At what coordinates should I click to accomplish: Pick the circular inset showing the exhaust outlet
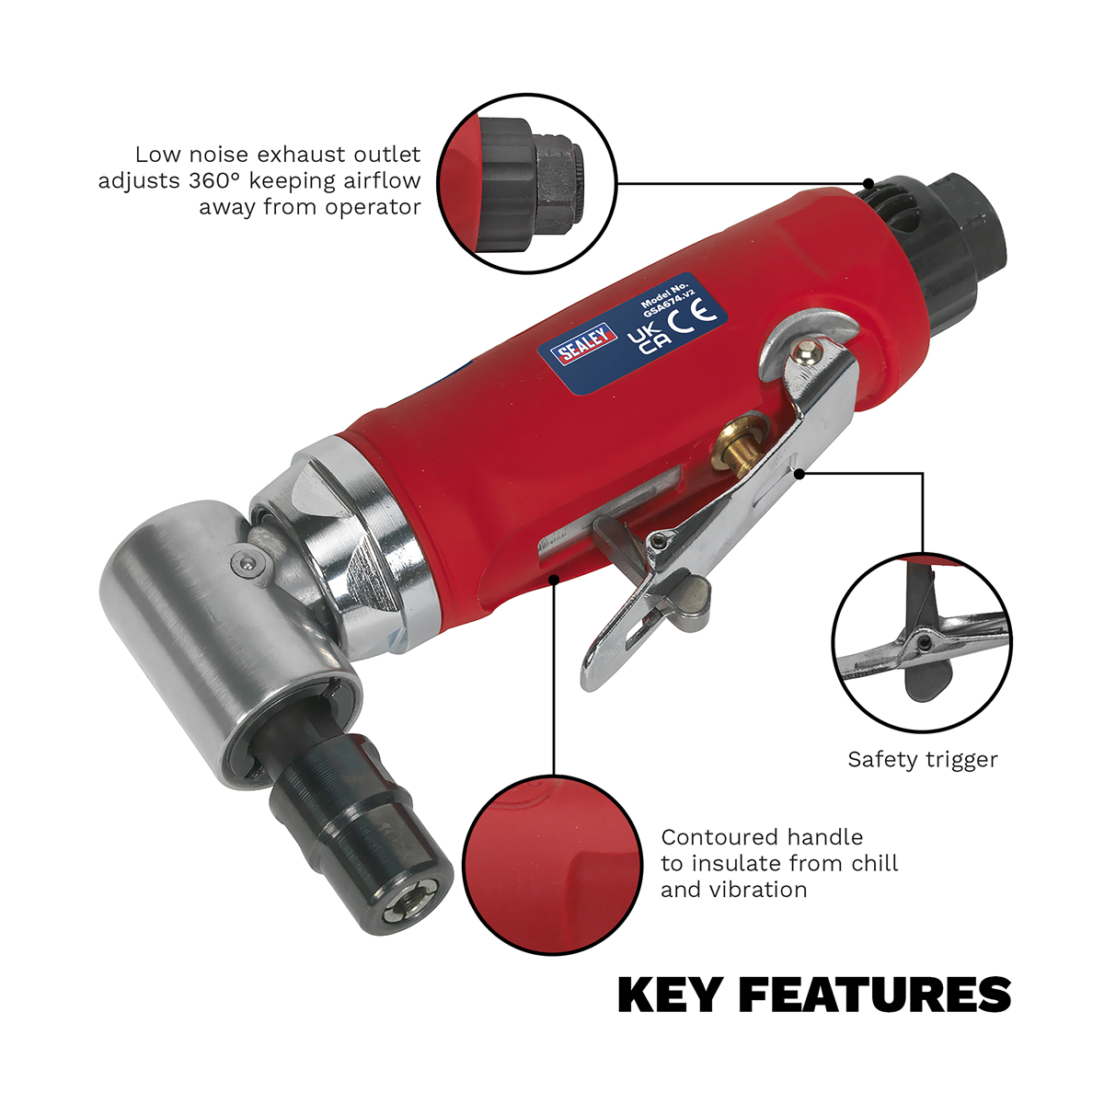(x=525, y=182)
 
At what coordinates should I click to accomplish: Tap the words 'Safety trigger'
(x=922, y=760)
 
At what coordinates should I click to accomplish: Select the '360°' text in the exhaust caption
(x=215, y=180)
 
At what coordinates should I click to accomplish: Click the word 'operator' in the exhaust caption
(x=373, y=206)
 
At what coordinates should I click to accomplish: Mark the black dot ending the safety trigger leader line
(x=800, y=474)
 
